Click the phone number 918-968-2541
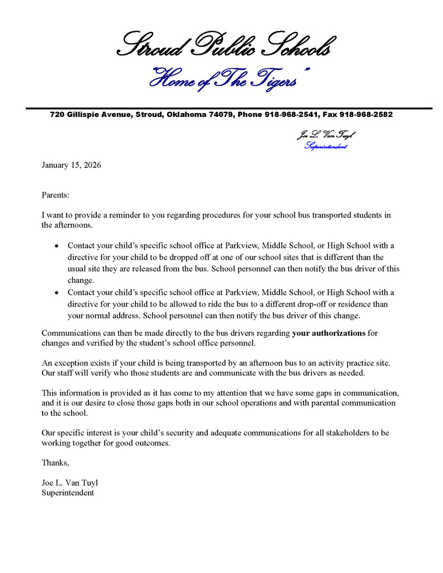click(291, 115)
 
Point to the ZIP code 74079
click(222, 115)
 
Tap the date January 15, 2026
click(71, 165)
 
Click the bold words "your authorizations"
click(329, 333)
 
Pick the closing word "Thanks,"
click(55, 463)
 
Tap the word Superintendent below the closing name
click(68, 493)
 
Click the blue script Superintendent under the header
click(325, 147)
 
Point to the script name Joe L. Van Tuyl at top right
click(325, 135)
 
